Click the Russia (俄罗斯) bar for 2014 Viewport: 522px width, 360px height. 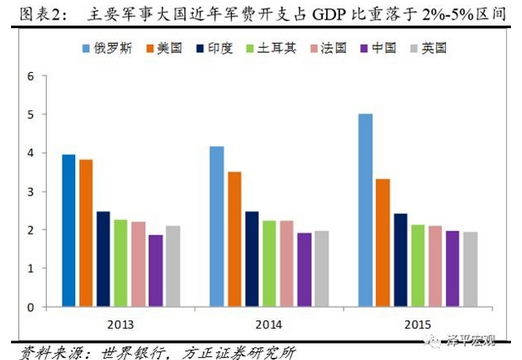click(217, 226)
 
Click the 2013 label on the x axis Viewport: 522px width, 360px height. click(121, 322)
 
